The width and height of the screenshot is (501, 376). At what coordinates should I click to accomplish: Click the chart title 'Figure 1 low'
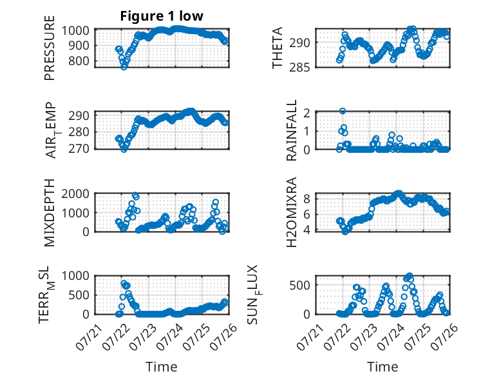point(162,16)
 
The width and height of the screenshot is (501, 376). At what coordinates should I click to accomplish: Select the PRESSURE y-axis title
point(50,48)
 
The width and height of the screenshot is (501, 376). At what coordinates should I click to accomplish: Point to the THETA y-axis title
point(278,48)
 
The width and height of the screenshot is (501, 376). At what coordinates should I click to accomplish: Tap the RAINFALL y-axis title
point(292,130)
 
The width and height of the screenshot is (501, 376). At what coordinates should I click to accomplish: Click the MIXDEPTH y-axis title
point(50,212)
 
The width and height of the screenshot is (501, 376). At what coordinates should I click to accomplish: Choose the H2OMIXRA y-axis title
point(292,212)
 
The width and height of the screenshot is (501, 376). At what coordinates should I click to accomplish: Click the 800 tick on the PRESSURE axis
point(79,61)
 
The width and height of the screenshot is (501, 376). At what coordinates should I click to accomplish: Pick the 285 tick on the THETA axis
point(299,68)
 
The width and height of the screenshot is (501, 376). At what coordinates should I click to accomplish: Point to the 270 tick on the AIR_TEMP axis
point(79,149)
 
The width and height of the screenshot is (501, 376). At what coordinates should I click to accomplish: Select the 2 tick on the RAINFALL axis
point(307,113)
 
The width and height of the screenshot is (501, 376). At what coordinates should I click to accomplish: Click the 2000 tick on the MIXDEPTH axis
point(75,193)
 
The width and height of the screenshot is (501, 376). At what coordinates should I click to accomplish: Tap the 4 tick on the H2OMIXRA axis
point(307,230)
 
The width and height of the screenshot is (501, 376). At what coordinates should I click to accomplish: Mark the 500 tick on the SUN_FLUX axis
point(299,285)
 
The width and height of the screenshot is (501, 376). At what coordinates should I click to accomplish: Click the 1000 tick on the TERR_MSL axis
point(75,275)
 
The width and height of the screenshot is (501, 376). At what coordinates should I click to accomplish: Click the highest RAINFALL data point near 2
point(343,111)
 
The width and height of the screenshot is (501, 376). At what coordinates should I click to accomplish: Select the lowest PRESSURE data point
point(124,67)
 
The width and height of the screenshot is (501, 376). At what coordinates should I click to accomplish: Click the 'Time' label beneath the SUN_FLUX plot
point(383,367)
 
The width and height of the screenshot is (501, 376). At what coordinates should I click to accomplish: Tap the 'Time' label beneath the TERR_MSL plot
point(162,367)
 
